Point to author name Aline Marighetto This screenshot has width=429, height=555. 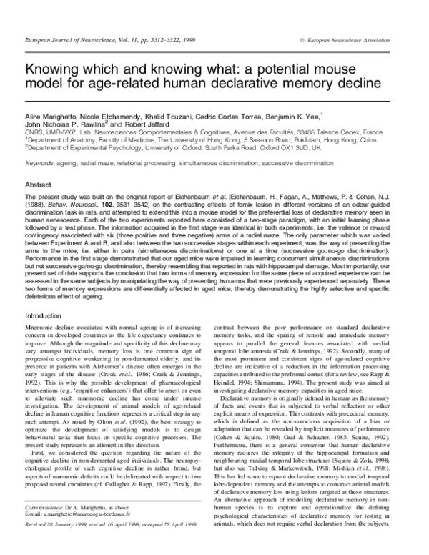tap(51, 115)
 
